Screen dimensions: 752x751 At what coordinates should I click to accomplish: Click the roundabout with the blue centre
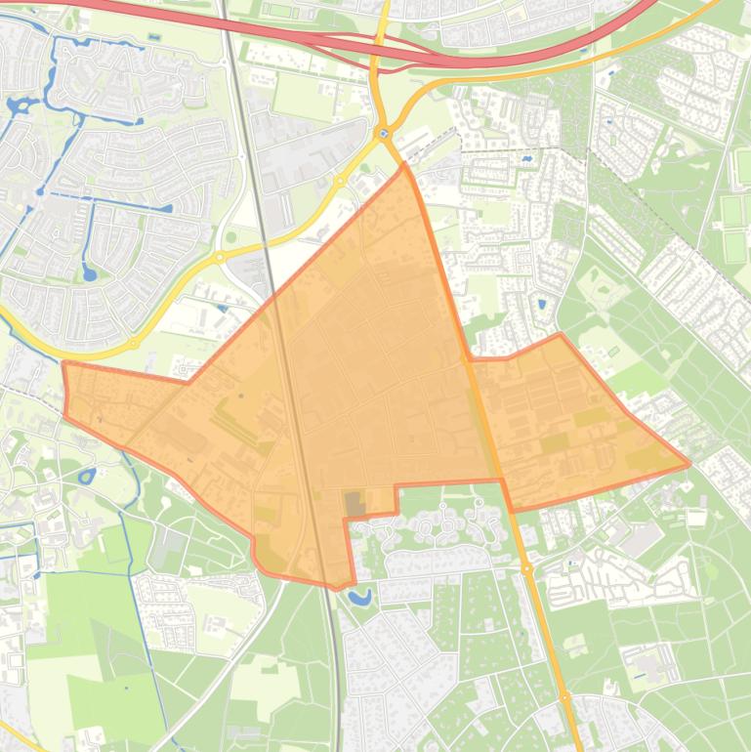coord(382,134)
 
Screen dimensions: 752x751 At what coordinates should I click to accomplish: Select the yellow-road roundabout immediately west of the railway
coord(220,257)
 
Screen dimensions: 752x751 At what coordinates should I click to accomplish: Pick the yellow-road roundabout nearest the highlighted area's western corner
coord(133,343)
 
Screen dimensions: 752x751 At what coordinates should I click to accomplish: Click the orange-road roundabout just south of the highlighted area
coord(526,567)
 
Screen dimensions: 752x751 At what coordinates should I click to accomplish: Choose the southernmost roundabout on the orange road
coord(564,696)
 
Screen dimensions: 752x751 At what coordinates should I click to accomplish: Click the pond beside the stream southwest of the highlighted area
coord(86,476)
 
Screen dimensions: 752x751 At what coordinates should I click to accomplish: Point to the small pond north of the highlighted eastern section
coord(542,303)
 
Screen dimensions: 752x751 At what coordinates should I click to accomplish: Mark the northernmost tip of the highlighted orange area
coord(403,163)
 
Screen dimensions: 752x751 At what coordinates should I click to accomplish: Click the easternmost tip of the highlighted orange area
coord(689,464)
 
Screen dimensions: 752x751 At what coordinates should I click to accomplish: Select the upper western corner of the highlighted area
coord(63,362)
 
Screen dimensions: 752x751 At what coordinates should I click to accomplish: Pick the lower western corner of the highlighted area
coord(65,417)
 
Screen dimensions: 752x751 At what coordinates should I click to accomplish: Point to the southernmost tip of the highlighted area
coord(337,588)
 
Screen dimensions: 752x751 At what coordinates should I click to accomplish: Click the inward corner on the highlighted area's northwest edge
coord(188,383)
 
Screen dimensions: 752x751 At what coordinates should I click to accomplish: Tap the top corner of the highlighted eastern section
coord(561,334)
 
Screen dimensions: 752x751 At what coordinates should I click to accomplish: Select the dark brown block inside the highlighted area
coord(353,504)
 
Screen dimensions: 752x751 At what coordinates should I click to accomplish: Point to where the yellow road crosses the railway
coord(267,237)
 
